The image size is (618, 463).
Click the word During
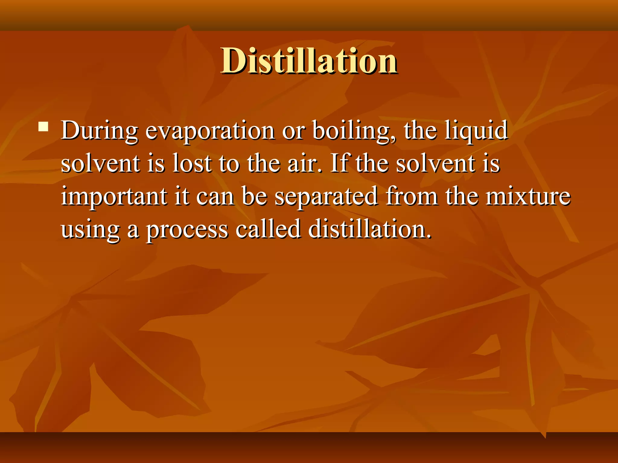click(99, 131)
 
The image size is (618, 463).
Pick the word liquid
click(476, 131)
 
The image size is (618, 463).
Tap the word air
click(304, 163)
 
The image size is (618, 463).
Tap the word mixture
click(528, 197)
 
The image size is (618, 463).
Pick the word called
click(268, 229)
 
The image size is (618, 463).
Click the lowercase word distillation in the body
click(370, 229)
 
